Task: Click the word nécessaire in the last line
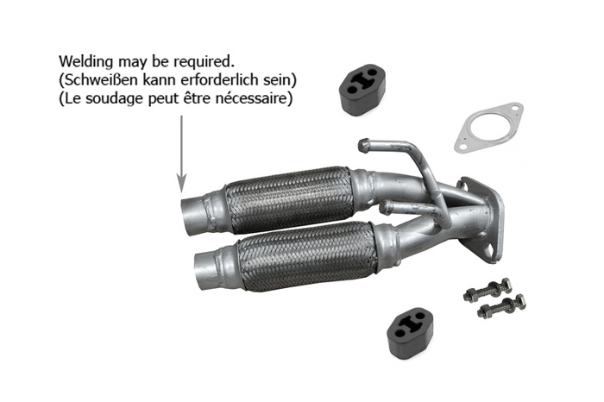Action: pos(257,99)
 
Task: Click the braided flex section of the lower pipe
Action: pos(306,256)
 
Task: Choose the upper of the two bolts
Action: pos(488,288)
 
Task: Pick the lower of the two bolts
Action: pos(501,305)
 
